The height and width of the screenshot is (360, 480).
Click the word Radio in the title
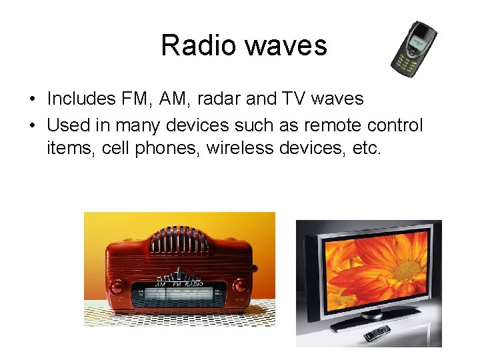[x=198, y=46]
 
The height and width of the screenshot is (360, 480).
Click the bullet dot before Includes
[x=32, y=100]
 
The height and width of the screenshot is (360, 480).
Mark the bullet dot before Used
[x=32, y=125]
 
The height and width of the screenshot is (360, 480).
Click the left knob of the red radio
[x=116, y=287]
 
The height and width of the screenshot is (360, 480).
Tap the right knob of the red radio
[x=240, y=287]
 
